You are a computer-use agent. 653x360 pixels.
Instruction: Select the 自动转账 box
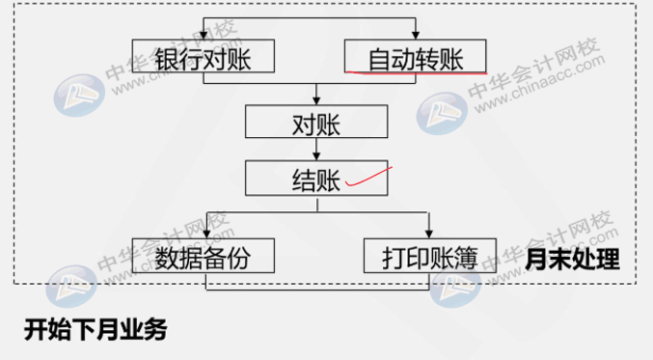tap(415, 56)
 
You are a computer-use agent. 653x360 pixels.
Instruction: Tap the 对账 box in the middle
tap(316, 123)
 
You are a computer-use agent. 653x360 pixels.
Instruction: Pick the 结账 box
tap(316, 180)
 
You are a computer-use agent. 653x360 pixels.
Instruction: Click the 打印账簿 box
tap(429, 257)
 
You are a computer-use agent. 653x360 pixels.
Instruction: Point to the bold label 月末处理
tap(572, 260)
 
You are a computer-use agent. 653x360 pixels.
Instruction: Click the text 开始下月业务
tap(95, 330)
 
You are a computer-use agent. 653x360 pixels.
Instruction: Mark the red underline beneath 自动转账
tap(415, 71)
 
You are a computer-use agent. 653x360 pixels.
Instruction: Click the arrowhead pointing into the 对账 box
tap(316, 99)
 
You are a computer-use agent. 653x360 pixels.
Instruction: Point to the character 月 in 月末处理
tap(538, 260)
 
